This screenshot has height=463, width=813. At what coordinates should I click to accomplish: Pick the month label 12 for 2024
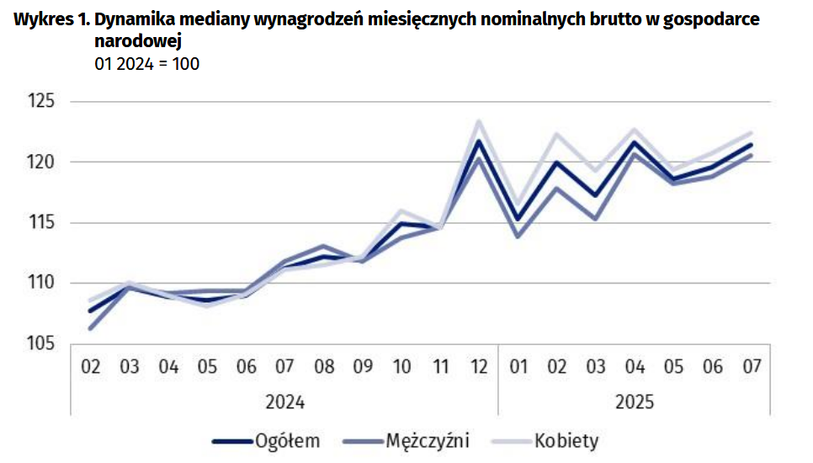tap(479, 366)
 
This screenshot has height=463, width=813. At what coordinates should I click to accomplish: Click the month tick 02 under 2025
tap(557, 366)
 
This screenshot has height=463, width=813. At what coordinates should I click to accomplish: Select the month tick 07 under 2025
tap(751, 366)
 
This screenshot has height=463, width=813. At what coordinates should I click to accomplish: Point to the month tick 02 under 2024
tap(91, 366)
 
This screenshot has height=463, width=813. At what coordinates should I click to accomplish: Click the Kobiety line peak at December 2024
tap(479, 121)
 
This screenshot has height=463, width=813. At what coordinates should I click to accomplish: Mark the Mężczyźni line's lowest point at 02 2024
tap(91, 328)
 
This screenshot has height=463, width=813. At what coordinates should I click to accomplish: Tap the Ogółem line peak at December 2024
tap(479, 141)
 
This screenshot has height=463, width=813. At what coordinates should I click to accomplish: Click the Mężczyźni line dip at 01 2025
tap(518, 237)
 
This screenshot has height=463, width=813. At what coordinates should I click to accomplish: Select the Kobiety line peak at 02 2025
tap(557, 134)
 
